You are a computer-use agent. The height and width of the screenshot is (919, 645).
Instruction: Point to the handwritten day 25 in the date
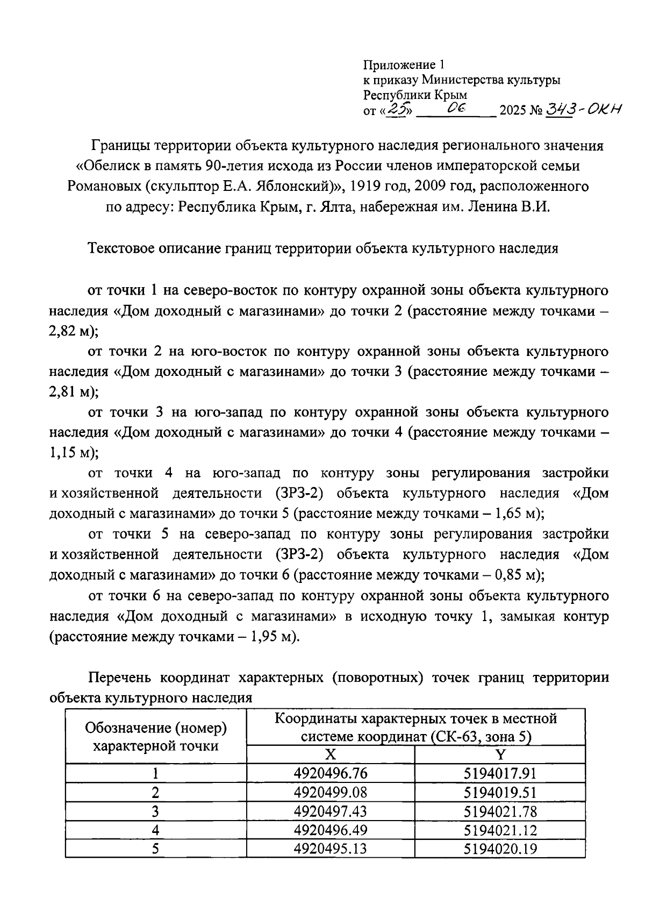tap(399, 110)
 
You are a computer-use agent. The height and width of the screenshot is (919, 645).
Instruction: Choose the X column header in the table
tap(331, 754)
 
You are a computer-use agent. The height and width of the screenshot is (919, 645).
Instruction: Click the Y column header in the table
tap(500, 754)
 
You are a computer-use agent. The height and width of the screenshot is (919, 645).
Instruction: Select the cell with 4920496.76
tap(331, 773)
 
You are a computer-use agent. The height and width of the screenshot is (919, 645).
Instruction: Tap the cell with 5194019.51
tap(500, 792)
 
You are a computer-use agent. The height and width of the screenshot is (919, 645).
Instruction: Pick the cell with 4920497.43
tap(331, 811)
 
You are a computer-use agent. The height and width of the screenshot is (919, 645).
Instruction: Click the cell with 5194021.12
tap(500, 830)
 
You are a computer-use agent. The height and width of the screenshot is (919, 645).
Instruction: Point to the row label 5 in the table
tap(155, 849)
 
